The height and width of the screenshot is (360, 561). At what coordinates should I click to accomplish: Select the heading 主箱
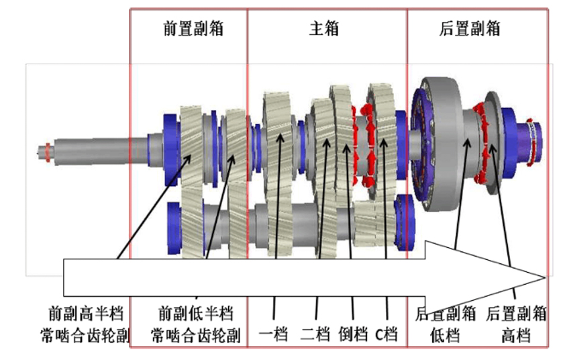pyautogui.click(x=324, y=28)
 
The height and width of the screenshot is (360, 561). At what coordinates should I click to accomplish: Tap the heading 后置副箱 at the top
pyautogui.click(x=470, y=28)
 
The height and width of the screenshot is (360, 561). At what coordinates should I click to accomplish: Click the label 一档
pyautogui.click(x=274, y=333)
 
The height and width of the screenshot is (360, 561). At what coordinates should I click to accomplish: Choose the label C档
pyautogui.click(x=387, y=333)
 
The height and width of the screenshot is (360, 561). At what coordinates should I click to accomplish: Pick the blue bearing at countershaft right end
pyautogui.click(x=406, y=218)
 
